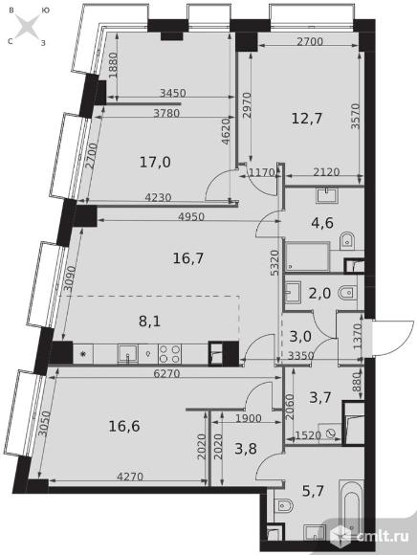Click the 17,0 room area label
tap(155, 163)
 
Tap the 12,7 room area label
tap(307, 119)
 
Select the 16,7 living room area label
tap(188, 258)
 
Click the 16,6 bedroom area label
tap(124, 426)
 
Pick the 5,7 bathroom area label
tap(313, 491)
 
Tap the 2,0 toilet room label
tap(319, 294)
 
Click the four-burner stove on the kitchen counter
tap(169, 353)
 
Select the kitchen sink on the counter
tap(127, 354)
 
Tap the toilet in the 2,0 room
tap(348, 293)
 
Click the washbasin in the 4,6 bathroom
tap(327, 195)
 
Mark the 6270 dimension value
tap(166, 373)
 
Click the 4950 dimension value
tap(191, 217)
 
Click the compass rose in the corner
tap(28, 27)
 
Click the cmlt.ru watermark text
tap(383, 536)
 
